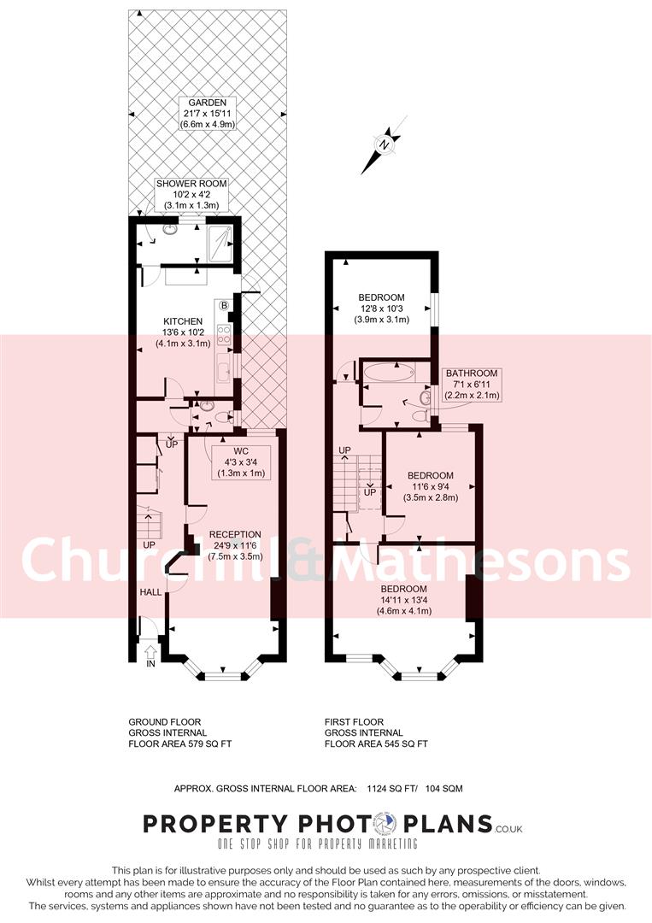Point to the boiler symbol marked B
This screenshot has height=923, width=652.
[x=225, y=305]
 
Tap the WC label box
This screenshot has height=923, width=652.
[x=232, y=461]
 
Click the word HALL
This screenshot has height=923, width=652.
[x=150, y=591]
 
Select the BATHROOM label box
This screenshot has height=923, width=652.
[x=471, y=385]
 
